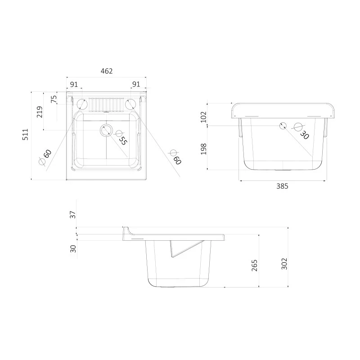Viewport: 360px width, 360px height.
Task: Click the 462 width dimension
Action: click(106, 71)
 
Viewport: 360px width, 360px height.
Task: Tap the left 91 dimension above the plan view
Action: click(74, 84)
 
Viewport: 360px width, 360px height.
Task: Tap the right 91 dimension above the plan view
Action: click(135, 84)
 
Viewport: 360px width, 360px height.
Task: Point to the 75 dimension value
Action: click(54, 99)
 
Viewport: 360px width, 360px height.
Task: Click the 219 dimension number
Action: click(39, 112)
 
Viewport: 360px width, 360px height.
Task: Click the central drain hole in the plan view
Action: click(106, 130)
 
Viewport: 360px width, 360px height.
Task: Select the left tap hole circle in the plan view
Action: click(82, 104)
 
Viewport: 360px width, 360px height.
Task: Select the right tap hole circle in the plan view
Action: click(130, 104)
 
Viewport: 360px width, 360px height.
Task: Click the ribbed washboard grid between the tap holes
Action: click(106, 104)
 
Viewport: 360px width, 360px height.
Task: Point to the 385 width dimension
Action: click(282, 185)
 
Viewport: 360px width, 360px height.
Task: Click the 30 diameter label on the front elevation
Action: click(305, 135)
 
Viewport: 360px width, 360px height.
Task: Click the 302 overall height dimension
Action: click(283, 264)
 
